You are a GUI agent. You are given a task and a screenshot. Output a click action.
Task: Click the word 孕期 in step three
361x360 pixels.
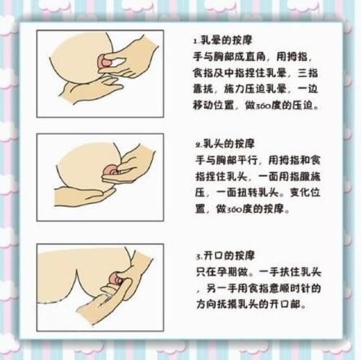[224, 272]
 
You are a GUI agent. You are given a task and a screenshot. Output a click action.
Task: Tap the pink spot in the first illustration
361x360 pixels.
[110, 59]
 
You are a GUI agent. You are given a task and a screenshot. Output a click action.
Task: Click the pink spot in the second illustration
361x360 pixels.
[110, 170]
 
